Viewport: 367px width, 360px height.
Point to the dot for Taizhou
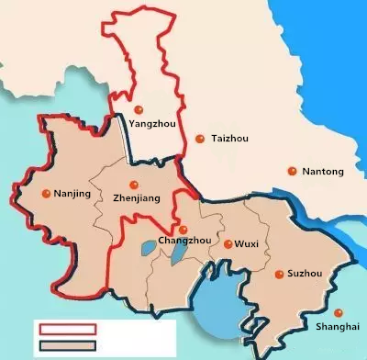[200, 138]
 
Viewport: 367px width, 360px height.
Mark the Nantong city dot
[293, 171]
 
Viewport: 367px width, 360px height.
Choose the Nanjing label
[73, 194]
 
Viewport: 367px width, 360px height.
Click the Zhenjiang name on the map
[136, 197]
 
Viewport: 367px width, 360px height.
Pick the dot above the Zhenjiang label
[134, 183]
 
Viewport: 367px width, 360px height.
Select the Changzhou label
[184, 241]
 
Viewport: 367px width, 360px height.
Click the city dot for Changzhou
[183, 229]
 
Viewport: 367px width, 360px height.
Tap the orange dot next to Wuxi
[228, 243]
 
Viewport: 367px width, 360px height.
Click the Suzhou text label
[305, 275]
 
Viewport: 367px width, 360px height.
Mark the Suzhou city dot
[277, 275]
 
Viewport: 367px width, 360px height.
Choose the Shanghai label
[331, 327]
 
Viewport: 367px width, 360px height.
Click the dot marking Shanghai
[338, 312]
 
